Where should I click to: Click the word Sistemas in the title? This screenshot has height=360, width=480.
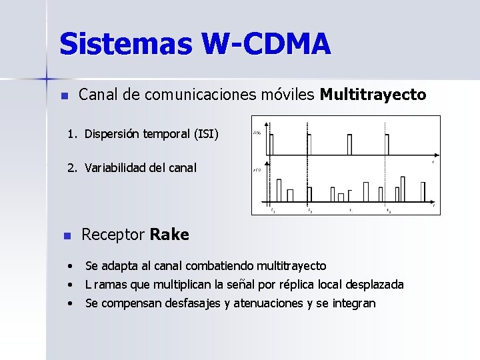(126, 44)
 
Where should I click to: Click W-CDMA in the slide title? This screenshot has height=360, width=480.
(266, 44)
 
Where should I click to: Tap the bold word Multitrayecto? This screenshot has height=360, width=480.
(373, 95)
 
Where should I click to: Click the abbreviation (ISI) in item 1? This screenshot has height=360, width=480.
(205, 134)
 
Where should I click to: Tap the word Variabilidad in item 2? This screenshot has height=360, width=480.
(115, 167)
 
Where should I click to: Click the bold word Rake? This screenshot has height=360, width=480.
(169, 235)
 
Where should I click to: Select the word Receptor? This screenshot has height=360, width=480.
(113, 235)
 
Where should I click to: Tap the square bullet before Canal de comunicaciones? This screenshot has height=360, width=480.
(64, 96)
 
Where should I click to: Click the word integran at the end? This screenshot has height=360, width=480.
(354, 303)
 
